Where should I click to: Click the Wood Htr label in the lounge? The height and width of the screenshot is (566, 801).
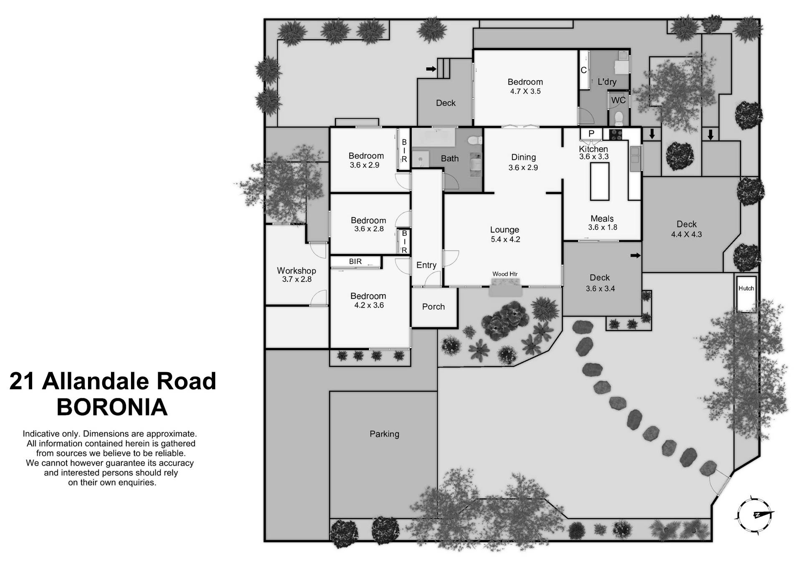pyautogui.click(x=505, y=274)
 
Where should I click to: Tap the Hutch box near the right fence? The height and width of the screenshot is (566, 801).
pyautogui.click(x=746, y=293)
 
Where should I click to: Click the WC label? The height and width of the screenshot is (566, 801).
pyautogui.click(x=618, y=100)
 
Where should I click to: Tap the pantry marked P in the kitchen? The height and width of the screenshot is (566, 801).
pyautogui.click(x=591, y=134)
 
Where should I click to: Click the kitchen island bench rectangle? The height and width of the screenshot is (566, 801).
pyautogui.click(x=599, y=181)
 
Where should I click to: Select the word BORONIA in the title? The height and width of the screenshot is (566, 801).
pyautogui.click(x=112, y=407)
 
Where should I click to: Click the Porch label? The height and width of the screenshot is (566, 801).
pyautogui.click(x=433, y=307)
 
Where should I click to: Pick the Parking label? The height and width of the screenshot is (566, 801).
pyautogui.click(x=384, y=434)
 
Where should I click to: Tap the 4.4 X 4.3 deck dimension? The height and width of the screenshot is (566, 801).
pyautogui.click(x=686, y=234)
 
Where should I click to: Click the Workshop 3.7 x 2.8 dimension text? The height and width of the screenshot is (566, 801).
pyautogui.click(x=297, y=279)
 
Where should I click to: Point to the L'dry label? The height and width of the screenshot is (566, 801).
pyautogui.click(x=607, y=82)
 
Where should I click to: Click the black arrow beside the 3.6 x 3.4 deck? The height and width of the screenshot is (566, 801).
pyautogui.click(x=635, y=255)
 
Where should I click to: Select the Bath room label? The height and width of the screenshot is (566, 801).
pyautogui.click(x=450, y=158)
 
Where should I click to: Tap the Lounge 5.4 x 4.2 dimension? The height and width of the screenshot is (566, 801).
pyautogui.click(x=505, y=239)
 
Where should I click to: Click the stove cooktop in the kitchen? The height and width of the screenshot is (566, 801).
pyautogui.click(x=616, y=134)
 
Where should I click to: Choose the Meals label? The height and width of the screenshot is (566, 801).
pyautogui.click(x=602, y=218)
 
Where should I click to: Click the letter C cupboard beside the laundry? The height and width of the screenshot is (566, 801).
pyautogui.click(x=584, y=70)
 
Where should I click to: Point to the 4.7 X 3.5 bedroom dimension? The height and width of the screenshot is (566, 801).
pyautogui.click(x=525, y=91)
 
